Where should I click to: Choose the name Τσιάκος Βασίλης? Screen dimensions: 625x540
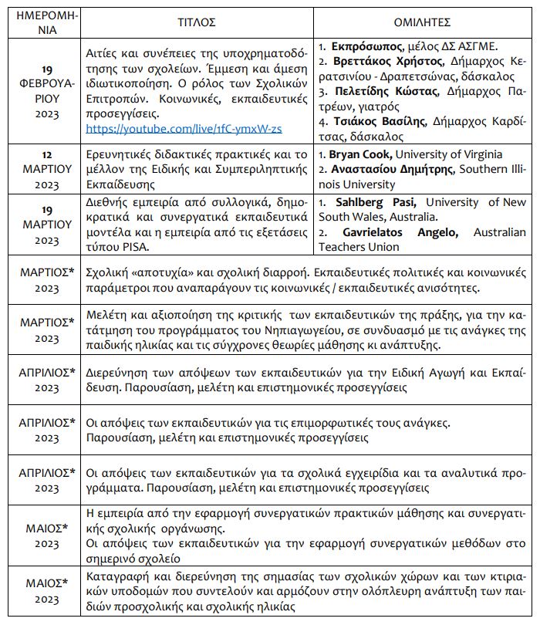click(374, 122)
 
